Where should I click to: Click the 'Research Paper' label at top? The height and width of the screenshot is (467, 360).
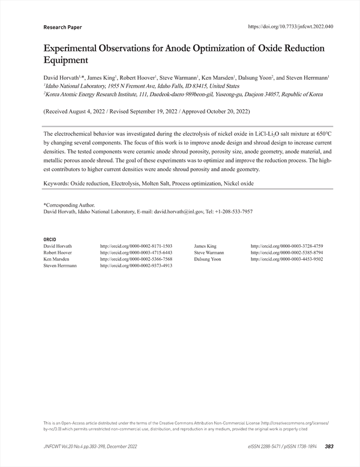click(x=62, y=27)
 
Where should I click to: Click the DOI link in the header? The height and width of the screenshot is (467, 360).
click(x=298, y=26)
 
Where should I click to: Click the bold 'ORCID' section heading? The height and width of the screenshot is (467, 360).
click(x=50, y=240)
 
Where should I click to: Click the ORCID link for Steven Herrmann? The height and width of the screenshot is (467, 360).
click(x=136, y=265)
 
